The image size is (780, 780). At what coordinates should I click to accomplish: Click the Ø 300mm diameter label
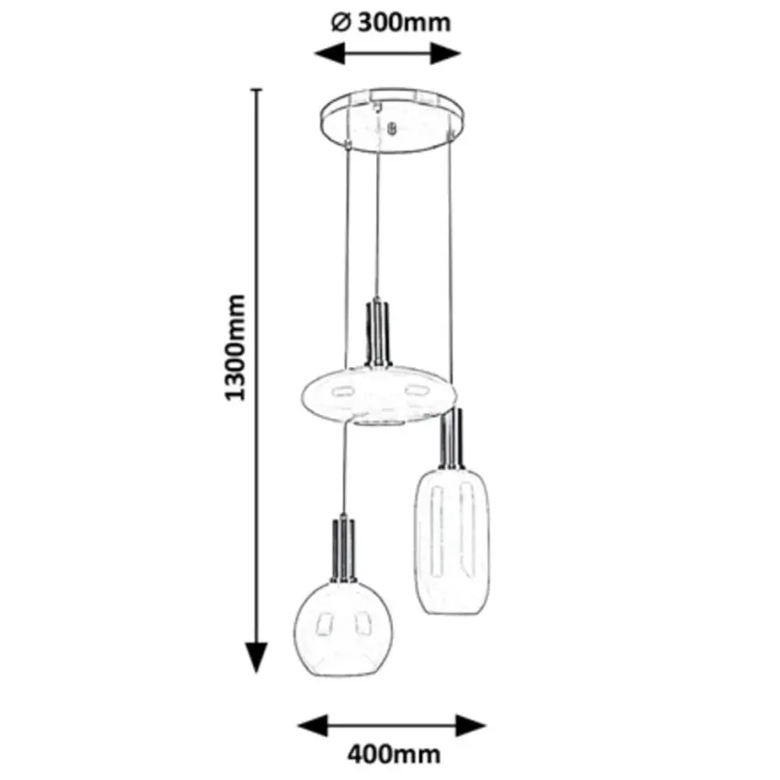(391, 23)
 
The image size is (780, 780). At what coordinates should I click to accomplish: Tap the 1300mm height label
(235, 348)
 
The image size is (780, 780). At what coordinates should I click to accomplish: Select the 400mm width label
(394, 754)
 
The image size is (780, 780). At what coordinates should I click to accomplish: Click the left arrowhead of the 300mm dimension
(329, 53)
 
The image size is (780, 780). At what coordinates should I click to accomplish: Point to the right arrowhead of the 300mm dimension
(446, 53)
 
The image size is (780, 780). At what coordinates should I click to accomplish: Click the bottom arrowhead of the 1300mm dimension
(257, 658)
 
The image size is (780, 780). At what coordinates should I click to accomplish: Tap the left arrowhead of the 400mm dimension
(313, 726)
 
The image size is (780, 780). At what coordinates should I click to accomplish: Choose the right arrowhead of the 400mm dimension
(471, 726)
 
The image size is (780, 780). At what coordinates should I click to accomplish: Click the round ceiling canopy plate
(394, 121)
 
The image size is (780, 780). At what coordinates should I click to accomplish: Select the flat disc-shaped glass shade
(379, 396)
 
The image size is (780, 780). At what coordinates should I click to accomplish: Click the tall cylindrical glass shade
(452, 540)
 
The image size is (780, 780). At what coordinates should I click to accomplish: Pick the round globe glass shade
(343, 629)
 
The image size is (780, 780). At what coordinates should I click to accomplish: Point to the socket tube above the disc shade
(379, 332)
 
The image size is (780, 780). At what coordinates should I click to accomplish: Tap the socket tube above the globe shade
(343, 549)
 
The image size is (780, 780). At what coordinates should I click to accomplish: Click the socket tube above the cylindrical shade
(452, 439)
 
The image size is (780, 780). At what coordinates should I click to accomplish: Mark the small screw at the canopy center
(392, 128)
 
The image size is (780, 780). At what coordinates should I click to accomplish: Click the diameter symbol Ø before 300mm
(341, 23)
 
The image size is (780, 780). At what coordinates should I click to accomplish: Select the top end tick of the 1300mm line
(256, 90)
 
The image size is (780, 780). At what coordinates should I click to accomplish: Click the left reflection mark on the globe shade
(324, 624)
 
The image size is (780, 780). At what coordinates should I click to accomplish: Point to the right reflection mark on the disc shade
(417, 389)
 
